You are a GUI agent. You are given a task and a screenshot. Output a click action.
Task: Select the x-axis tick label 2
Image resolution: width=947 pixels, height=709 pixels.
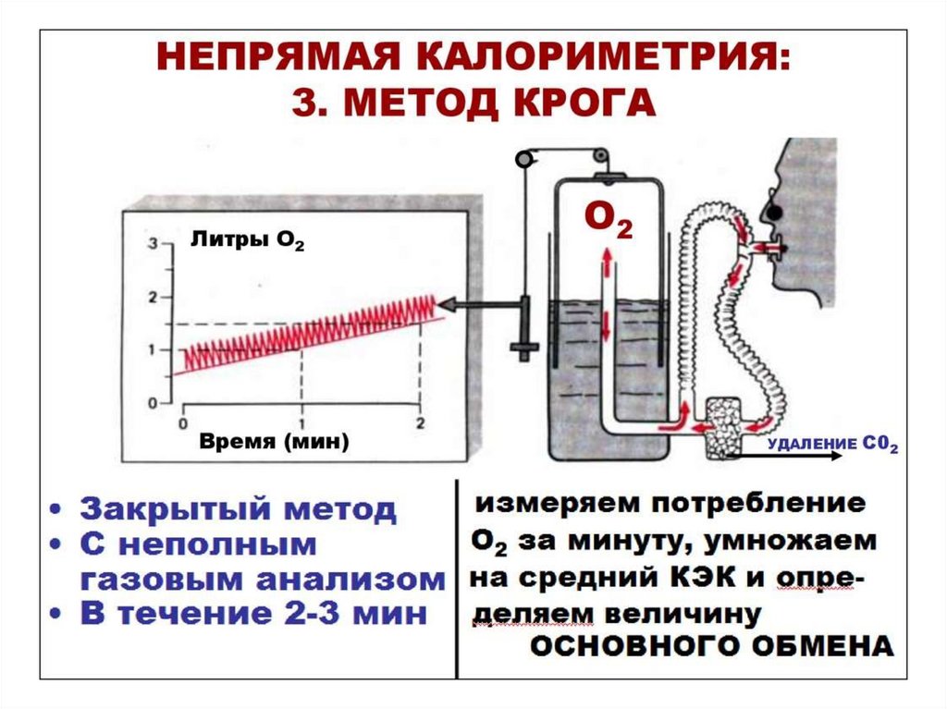tap(421, 423)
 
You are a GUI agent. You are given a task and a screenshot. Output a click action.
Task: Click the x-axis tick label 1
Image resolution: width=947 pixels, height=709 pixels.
tap(301, 423)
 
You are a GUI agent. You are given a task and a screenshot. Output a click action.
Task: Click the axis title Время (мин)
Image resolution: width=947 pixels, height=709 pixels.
tap(274, 443)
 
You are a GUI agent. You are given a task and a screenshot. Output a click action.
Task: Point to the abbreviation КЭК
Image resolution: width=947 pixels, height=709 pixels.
tap(698, 577)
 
